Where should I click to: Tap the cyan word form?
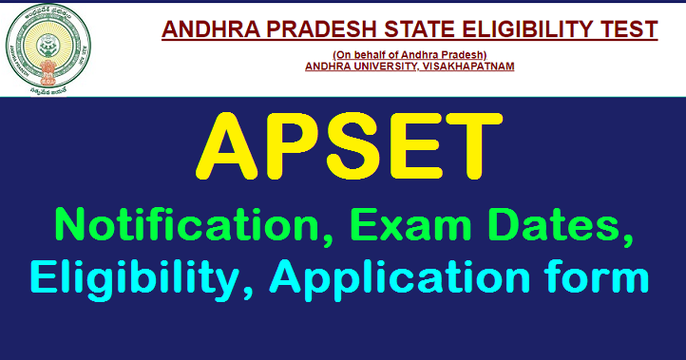(x=591, y=281)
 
